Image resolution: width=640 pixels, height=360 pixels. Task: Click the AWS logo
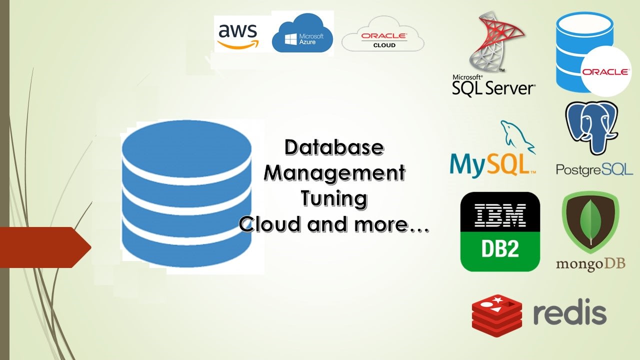[x=238, y=33]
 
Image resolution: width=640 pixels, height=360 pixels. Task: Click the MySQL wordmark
[x=490, y=165]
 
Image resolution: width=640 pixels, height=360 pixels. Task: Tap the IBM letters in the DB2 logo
[x=500, y=215]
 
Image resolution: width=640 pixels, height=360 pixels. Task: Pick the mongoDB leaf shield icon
[x=590, y=222]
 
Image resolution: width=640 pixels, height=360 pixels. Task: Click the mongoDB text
[x=590, y=264]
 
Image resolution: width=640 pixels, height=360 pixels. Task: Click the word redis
[x=569, y=313]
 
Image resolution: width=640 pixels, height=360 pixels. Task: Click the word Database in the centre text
[x=334, y=147]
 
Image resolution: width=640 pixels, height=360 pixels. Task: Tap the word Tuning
[x=334, y=198]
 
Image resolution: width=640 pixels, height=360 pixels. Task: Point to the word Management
[x=334, y=173]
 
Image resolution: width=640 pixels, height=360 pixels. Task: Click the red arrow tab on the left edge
[x=45, y=247]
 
